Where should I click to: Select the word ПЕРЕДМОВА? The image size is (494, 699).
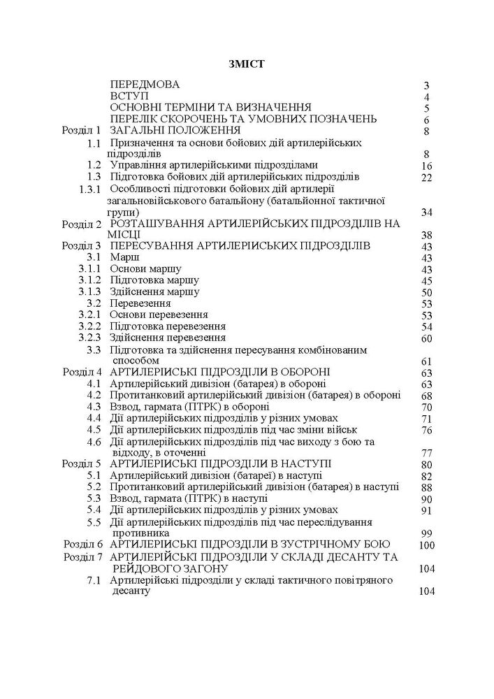point(145,85)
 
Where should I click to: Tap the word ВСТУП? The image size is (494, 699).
point(129,96)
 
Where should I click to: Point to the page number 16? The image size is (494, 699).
point(428,166)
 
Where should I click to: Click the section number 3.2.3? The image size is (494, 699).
point(90,338)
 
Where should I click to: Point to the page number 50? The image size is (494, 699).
point(428,292)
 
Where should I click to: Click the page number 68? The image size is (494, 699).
point(428,396)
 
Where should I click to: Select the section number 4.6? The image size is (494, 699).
point(94,441)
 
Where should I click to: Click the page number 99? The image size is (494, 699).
point(428,533)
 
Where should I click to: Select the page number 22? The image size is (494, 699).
point(428,178)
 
